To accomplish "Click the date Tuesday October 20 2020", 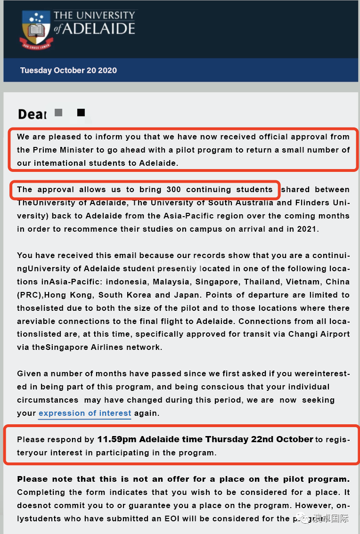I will [x=68, y=71].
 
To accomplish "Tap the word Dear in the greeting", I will [x=32, y=114].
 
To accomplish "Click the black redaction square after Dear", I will [x=81, y=113].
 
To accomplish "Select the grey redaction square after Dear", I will [x=58, y=113].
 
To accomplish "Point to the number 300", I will [x=170, y=189].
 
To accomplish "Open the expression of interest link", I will [x=85, y=413].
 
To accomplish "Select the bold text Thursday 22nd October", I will [x=259, y=439].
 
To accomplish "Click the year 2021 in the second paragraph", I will [x=308, y=229].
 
